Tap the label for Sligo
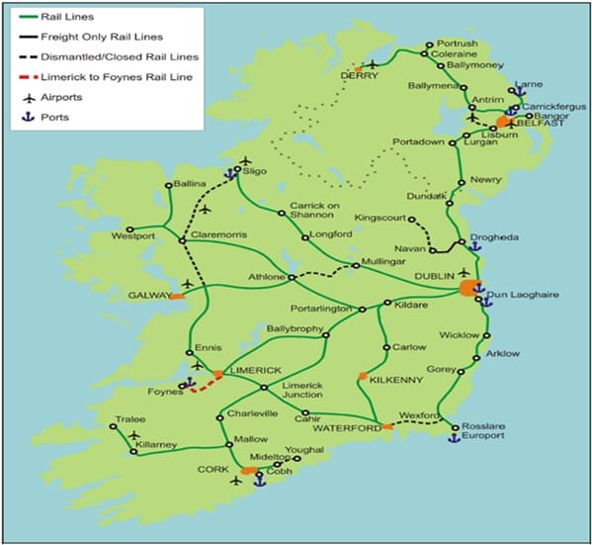pos(258,170)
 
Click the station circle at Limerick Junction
pos(263,386)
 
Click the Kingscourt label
pos(381,216)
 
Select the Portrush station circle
pos(428,45)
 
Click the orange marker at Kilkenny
pos(363,376)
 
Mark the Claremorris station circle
pos(182,240)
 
